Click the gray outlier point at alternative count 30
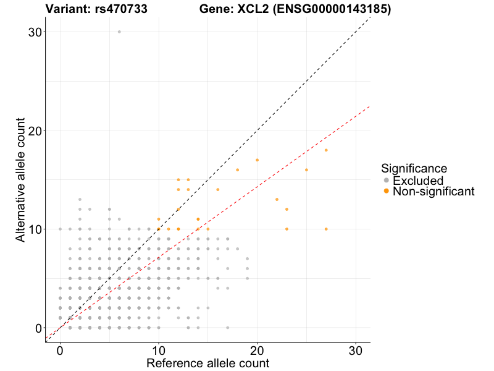click(119, 32)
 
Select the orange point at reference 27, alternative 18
click(326, 150)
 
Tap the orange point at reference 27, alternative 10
click(326, 229)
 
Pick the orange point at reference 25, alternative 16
click(306, 170)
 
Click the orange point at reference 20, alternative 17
click(257, 160)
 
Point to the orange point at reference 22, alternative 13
click(277, 199)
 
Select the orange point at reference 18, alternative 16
click(237, 170)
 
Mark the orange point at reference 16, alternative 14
click(217, 190)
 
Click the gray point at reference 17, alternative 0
click(227, 328)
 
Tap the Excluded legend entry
click(417, 181)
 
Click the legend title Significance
click(414, 168)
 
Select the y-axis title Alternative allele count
click(21, 179)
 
